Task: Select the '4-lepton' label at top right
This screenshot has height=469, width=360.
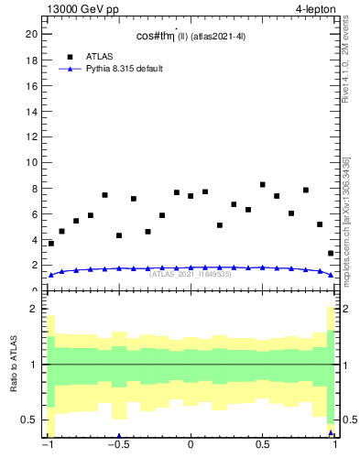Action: point(314,9)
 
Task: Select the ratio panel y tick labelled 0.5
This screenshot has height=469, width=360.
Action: point(31,420)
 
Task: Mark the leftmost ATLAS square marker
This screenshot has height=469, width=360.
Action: point(51,244)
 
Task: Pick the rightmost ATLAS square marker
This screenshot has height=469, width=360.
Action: point(331,254)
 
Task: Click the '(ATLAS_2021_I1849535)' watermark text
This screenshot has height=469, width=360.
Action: point(191,274)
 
